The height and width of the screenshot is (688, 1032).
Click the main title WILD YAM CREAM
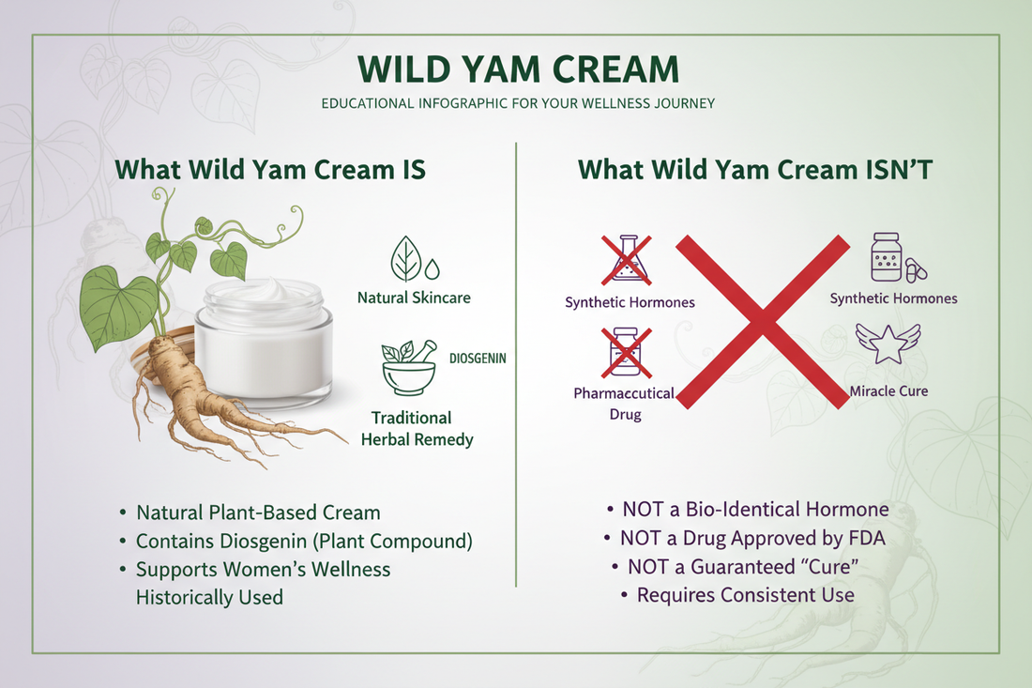click(x=518, y=69)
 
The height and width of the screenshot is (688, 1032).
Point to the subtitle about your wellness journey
click(x=518, y=103)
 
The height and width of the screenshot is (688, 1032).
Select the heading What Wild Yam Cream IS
click(x=270, y=169)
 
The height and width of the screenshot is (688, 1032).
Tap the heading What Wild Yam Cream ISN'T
click(x=755, y=169)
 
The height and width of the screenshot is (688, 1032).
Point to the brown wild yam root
click(x=218, y=395)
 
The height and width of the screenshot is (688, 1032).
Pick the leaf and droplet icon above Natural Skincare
click(x=414, y=259)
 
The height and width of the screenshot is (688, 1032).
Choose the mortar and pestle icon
click(x=409, y=368)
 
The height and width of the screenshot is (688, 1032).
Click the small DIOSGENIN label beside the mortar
click(x=478, y=359)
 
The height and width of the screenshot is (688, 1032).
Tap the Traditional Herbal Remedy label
click(x=417, y=429)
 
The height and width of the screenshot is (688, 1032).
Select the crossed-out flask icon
click(x=627, y=260)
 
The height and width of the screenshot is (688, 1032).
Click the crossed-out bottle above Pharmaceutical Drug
click(x=626, y=352)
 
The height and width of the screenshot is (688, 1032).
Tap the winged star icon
click(x=888, y=344)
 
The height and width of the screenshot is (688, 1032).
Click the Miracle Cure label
click(x=888, y=391)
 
